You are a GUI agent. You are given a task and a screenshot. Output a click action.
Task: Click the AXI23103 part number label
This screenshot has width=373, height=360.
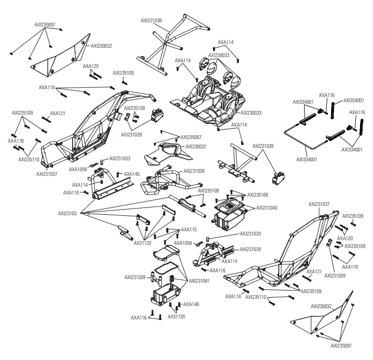point(67,213)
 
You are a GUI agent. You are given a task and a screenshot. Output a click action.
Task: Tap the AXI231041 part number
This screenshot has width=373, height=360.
point(199,281)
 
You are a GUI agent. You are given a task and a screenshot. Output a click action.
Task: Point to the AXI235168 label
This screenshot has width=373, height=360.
point(257,195)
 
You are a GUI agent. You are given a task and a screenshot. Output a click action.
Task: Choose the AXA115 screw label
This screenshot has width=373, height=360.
point(189,229)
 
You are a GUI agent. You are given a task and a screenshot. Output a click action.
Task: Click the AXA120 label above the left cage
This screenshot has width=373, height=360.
point(91,66)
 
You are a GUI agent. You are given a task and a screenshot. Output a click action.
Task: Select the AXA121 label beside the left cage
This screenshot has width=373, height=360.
point(58,113)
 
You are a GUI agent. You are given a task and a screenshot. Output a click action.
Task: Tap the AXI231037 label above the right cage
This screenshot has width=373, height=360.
point(319,204)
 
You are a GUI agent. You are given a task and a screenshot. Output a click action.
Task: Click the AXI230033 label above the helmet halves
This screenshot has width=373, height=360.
point(219,54)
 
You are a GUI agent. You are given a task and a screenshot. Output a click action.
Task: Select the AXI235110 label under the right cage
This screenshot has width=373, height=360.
point(256,297)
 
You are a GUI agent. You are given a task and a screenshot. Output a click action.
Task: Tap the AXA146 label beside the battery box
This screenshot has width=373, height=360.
point(191,304)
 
